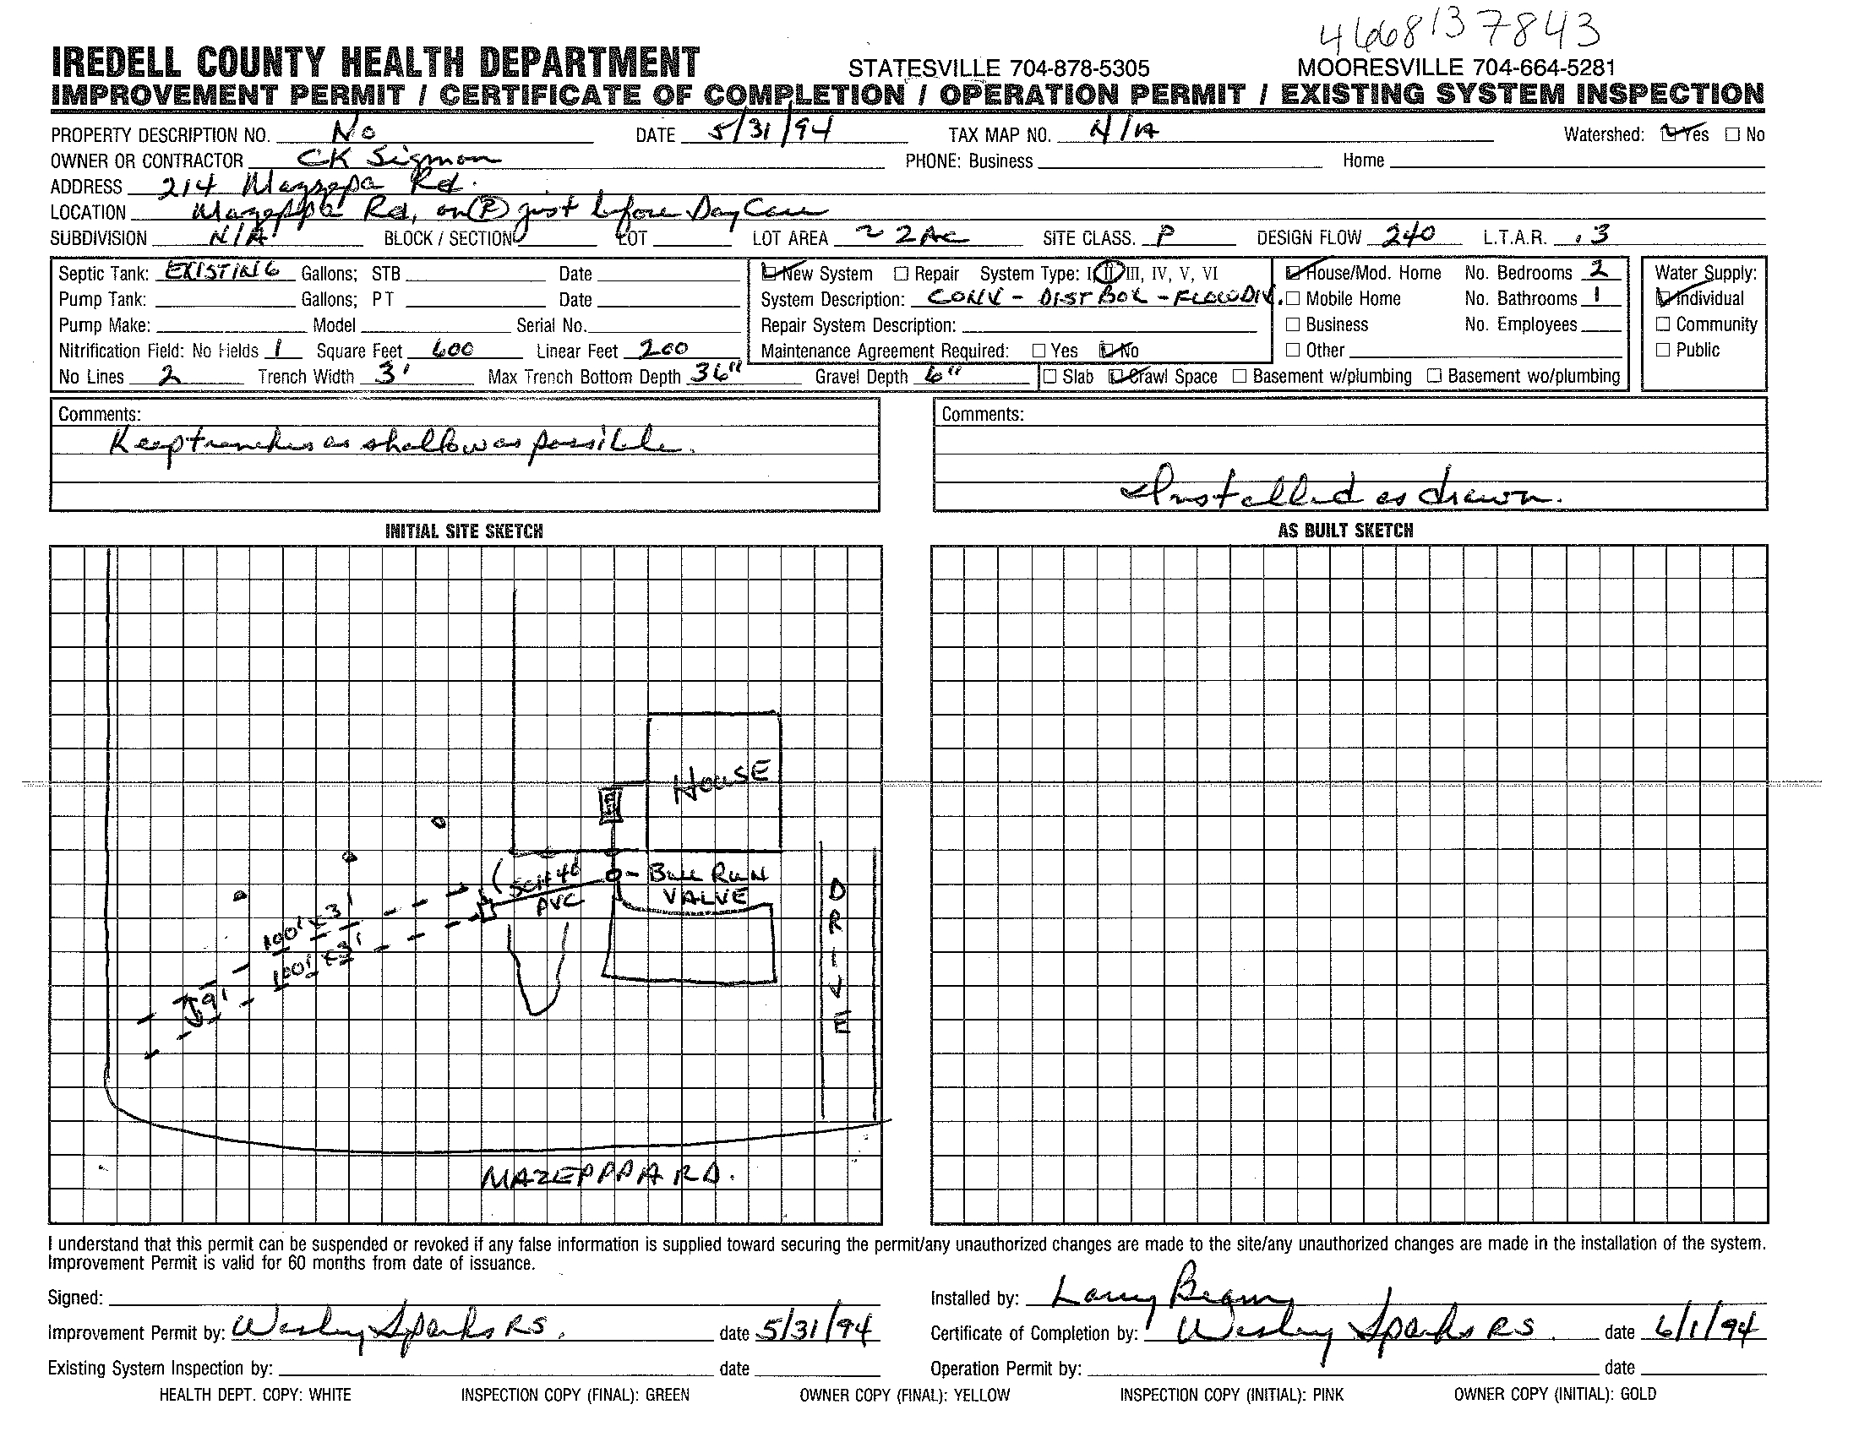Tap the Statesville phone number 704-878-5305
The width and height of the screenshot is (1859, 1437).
click(x=999, y=68)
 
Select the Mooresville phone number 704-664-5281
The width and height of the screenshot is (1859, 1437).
click(x=1456, y=68)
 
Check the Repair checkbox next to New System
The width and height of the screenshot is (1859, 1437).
click(x=902, y=274)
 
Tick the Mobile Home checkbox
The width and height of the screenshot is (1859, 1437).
click(x=1293, y=298)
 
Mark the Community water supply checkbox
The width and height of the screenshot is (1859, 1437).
click(x=1663, y=324)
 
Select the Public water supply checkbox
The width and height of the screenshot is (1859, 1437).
click(x=1663, y=350)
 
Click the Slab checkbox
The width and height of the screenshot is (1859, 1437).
click(x=1050, y=376)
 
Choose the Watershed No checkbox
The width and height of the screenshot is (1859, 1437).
click(x=1732, y=134)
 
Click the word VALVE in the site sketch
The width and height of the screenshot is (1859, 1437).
click(x=705, y=896)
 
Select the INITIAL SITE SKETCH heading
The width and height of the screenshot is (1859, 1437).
click(x=464, y=531)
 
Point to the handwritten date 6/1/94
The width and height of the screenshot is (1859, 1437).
click(x=1705, y=1330)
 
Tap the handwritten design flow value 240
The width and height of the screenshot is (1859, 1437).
click(x=1409, y=235)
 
